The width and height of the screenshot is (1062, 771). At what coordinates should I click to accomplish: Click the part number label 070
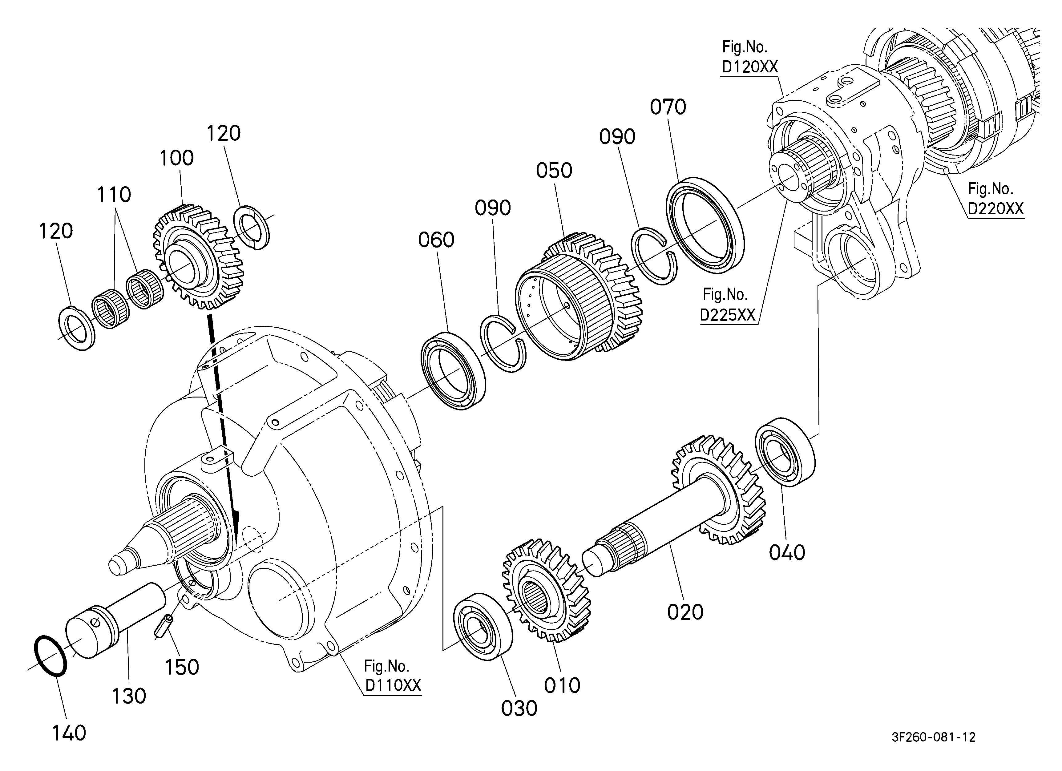(668, 107)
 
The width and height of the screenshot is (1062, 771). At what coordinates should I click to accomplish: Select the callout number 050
(554, 171)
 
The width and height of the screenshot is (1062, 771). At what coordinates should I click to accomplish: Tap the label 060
(436, 240)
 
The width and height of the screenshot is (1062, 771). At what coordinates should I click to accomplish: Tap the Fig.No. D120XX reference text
(750, 57)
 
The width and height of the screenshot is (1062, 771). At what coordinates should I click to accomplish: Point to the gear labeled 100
(199, 256)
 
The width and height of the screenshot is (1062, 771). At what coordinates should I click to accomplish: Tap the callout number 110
(114, 194)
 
